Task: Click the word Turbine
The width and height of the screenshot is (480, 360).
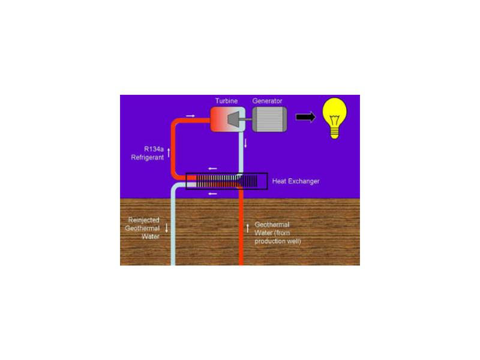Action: click(x=226, y=101)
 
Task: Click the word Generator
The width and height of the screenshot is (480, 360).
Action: click(x=267, y=101)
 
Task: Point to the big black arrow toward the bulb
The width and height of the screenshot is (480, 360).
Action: click(x=305, y=116)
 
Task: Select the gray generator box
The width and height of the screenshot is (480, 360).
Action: click(x=269, y=119)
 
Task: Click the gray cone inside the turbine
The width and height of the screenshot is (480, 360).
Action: click(x=233, y=119)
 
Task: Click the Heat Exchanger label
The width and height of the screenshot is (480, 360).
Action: click(x=296, y=181)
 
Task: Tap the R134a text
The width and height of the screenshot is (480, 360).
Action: click(x=154, y=149)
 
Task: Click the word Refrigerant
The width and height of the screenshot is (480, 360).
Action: click(x=147, y=157)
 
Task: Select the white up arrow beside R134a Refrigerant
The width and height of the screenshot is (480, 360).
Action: click(x=169, y=153)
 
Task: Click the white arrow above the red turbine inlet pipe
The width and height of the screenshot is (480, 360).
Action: click(x=190, y=116)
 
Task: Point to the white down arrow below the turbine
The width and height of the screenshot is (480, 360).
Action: click(x=245, y=143)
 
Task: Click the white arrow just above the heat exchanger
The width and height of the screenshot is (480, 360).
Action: click(x=212, y=169)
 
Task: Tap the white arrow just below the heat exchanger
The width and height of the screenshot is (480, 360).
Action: click(x=212, y=194)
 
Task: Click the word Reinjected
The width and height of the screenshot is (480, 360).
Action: click(x=143, y=220)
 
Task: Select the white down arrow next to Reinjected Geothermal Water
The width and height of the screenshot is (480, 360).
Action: click(x=167, y=228)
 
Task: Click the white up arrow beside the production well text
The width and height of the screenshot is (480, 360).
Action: click(x=248, y=228)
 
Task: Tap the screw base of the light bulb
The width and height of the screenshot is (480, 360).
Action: click(x=334, y=133)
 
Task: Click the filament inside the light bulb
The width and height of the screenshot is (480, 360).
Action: click(x=334, y=120)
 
